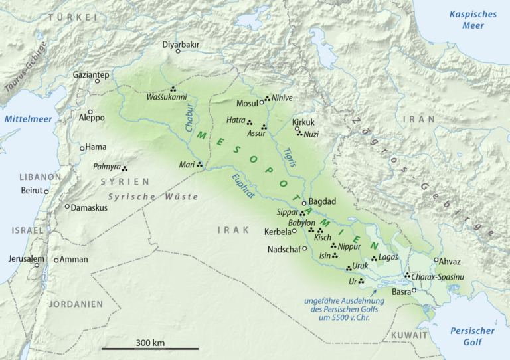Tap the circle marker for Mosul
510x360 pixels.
coord(262,104)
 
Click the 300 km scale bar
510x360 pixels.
coord(150,348)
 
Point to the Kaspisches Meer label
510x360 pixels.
coord(473,19)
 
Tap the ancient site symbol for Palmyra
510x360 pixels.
coord(124,168)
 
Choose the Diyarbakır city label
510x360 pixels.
coord(181,45)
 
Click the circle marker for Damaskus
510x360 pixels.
coord(67,207)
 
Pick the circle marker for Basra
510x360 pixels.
coord(414,290)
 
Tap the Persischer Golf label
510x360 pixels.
coord(473,336)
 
